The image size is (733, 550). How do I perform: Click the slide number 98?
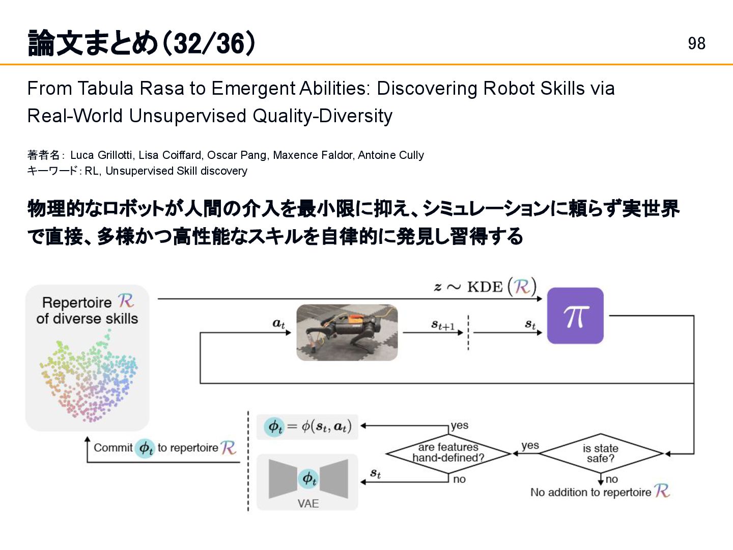point(696,44)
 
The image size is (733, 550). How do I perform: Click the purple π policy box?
point(575,316)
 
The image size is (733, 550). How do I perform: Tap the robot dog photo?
point(347,333)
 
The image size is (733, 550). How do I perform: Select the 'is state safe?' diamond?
point(601,453)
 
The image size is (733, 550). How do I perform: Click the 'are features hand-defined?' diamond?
point(448,452)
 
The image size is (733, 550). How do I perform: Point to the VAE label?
point(308,504)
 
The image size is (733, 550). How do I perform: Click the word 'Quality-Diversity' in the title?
point(322,116)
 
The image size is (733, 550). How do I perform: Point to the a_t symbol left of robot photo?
point(278,324)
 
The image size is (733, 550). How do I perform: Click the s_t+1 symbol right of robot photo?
point(442,325)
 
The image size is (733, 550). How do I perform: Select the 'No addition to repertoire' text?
point(590,492)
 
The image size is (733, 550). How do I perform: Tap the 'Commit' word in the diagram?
point(112,448)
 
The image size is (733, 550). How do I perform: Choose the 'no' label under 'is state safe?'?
point(612,479)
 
